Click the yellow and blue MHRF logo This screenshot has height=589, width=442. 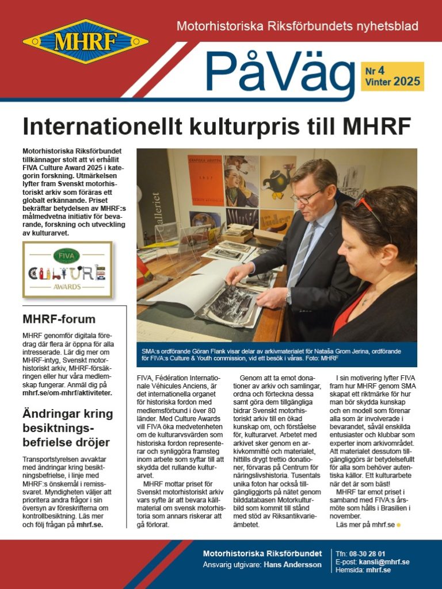85,41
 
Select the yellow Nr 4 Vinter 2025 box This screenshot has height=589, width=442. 394,76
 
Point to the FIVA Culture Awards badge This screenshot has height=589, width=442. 67,270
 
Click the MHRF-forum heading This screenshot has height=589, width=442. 59,319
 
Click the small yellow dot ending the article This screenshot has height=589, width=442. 398,525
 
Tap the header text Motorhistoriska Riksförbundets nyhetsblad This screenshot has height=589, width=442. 297,26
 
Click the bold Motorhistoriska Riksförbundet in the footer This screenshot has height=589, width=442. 262,553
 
